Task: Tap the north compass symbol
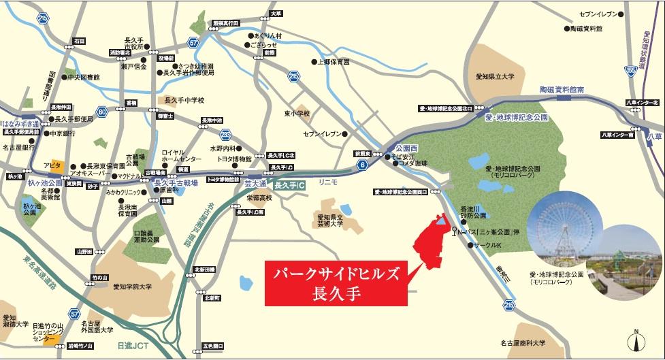coord(636,338)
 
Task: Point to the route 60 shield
coord(102,112)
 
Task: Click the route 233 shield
coord(225,134)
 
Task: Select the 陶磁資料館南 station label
coord(562,89)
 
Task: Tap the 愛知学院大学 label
coord(123,288)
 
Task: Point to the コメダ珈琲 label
coord(412,163)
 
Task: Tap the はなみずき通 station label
coord(20,124)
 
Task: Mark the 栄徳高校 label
coord(259,197)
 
